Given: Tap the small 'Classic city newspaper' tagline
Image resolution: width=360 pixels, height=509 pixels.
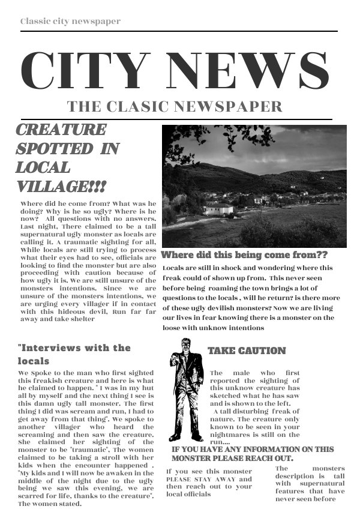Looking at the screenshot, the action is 70,21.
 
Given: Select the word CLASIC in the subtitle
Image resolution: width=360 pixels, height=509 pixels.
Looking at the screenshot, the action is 137,107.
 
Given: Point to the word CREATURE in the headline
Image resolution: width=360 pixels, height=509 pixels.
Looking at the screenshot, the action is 61,130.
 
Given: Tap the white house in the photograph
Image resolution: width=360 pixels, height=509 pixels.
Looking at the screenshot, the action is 219,209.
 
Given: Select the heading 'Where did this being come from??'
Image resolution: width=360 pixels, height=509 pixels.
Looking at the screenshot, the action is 244,254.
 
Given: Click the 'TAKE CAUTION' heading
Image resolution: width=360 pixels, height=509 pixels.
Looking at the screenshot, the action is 247,351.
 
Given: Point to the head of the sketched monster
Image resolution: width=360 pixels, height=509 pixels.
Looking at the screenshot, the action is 185,345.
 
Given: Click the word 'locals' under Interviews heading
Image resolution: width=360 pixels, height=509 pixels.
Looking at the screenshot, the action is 34,361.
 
